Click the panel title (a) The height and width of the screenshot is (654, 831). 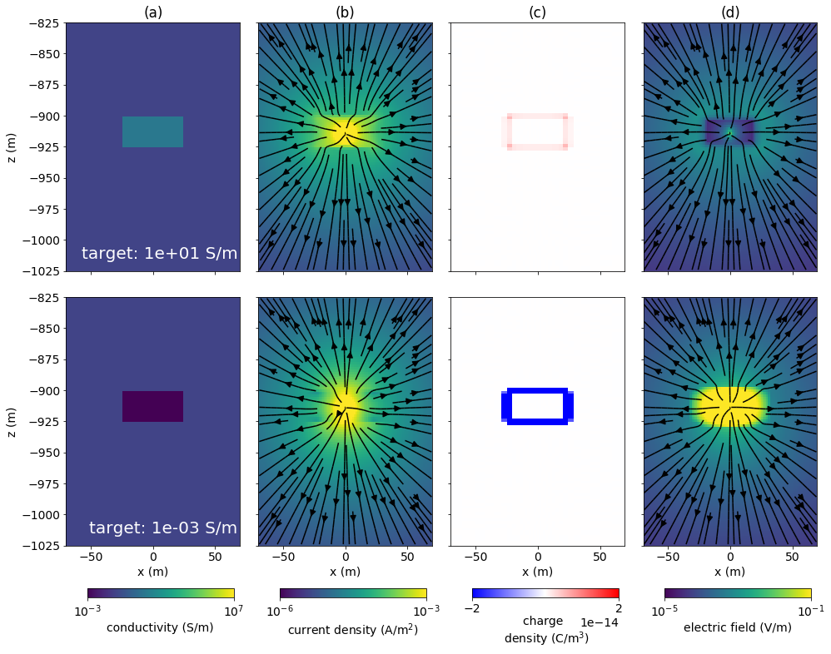point(152,12)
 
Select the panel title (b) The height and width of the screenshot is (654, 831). point(345,12)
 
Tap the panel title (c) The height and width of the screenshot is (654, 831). point(537,12)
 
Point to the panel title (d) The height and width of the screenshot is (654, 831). point(730,12)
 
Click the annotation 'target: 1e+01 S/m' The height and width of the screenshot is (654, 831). point(159,254)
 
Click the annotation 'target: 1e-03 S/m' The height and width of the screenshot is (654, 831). point(162,528)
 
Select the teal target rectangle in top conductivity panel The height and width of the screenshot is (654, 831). point(152,131)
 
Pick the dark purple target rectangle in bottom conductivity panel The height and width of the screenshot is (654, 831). point(152,406)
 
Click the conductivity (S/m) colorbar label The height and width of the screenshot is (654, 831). point(160,627)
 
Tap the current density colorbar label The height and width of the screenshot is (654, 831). point(353,630)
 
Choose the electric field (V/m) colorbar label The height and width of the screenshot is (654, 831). point(737,627)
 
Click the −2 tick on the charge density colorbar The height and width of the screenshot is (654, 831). point(472,608)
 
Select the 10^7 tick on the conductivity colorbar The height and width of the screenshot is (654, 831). point(233,610)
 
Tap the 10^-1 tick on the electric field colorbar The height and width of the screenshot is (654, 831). point(810,610)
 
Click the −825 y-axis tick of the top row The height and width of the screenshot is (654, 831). point(41,23)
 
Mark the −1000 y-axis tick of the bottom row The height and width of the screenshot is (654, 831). point(37,515)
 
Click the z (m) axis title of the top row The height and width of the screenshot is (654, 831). point(12,146)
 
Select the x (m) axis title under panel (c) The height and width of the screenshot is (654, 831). point(537,572)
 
